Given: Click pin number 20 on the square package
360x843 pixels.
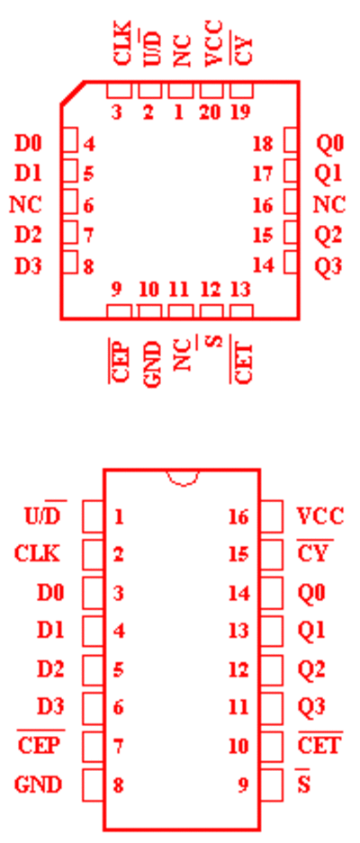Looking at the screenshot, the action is [x=211, y=112].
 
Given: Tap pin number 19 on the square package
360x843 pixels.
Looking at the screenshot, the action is [x=240, y=112].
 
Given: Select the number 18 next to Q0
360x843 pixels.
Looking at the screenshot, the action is [x=263, y=144].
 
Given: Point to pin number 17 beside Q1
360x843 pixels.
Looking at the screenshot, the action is [x=263, y=175].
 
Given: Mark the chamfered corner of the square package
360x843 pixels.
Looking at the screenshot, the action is [x=72, y=93].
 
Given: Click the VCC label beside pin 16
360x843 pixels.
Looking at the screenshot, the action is [x=320, y=516].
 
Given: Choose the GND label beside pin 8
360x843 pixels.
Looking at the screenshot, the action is [x=38, y=785].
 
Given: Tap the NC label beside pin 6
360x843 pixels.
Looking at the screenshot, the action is [x=25, y=205].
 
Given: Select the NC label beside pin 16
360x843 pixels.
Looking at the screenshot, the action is [x=329, y=205].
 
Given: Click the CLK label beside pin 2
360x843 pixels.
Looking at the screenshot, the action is [x=37, y=554].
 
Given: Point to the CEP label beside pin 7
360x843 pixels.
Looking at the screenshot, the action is [x=40, y=746].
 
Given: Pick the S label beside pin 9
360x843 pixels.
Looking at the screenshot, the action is [x=304, y=784].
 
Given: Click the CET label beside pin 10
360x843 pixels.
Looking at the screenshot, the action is [x=320, y=745].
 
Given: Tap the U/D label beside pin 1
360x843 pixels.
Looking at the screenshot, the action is [x=45, y=516].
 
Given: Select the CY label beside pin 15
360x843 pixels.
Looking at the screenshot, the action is [x=314, y=552].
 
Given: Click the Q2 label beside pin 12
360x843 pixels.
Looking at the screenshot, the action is [x=311, y=670].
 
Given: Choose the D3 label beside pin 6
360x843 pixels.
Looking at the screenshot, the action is [x=50, y=707].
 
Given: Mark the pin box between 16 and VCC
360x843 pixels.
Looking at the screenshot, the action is [x=272, y=516].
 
